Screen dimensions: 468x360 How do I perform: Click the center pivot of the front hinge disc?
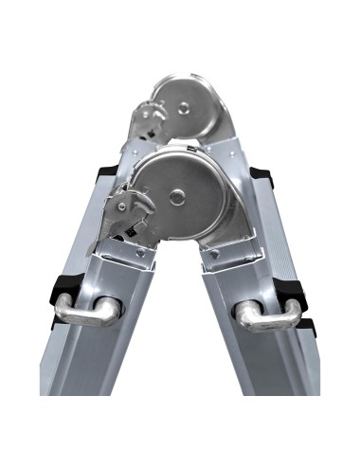coord(179,196)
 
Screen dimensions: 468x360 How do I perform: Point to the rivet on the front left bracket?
coord(140,253)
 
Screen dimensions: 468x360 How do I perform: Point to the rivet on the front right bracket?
coord(213,253)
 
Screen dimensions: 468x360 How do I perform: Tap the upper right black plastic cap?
coord(261,177)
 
